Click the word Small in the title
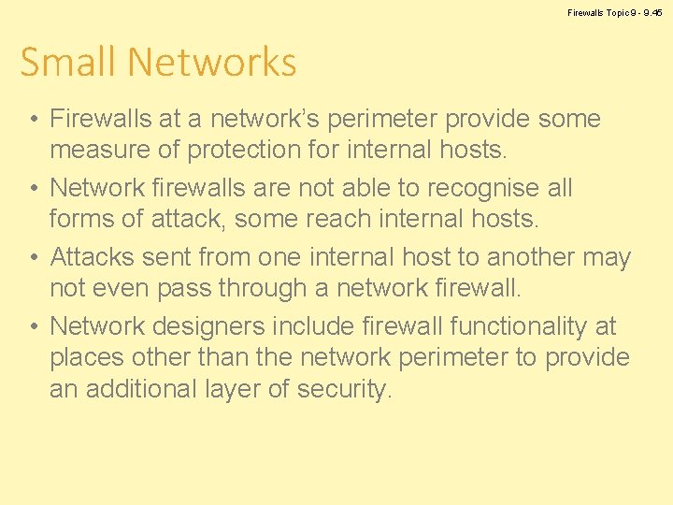coord(69,63)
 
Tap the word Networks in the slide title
coord(212,63)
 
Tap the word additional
coord(152,389)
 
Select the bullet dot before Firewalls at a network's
coord(33,120)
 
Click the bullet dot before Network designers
coord(33,327)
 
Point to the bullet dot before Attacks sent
coord(33,258)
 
